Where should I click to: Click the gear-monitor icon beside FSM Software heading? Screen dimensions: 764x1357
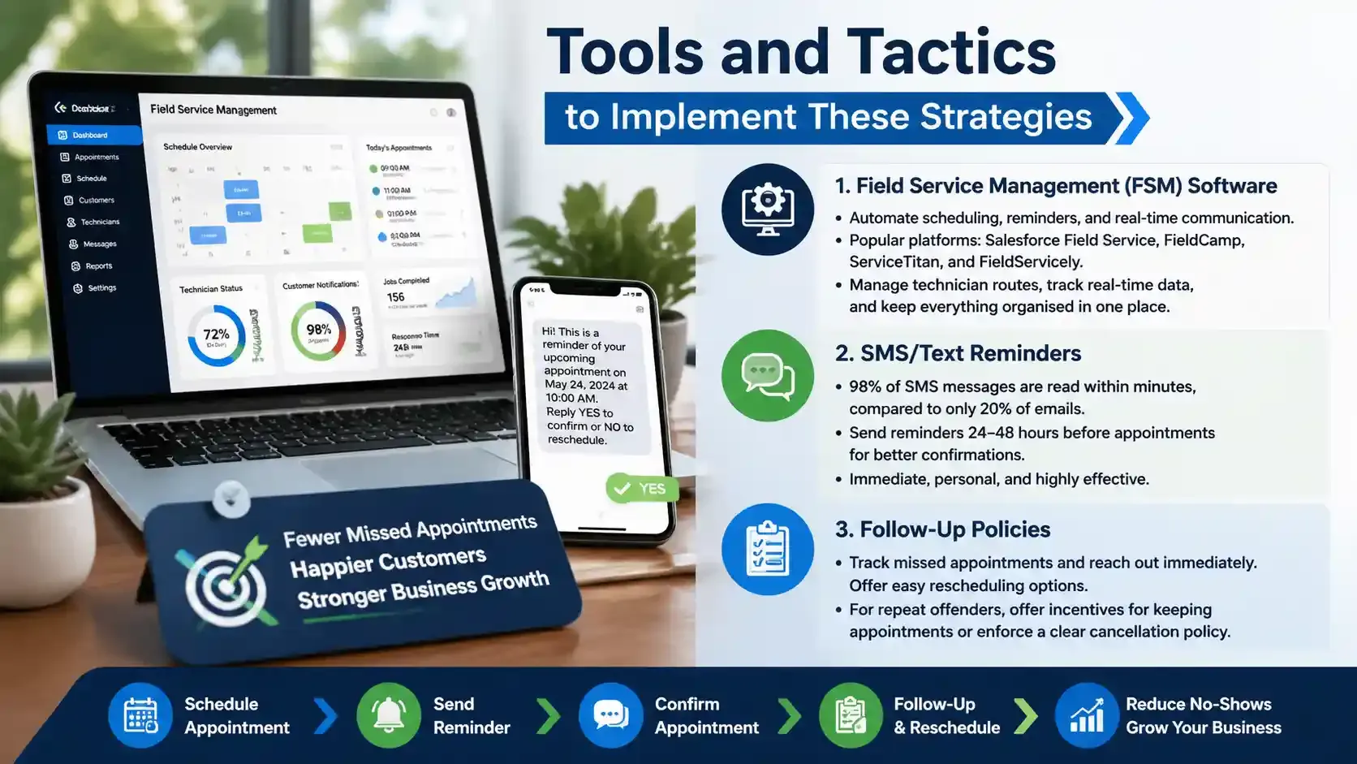(767, 209)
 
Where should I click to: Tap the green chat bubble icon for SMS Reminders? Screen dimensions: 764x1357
(767, 376)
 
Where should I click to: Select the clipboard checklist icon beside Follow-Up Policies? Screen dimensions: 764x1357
(767, 550)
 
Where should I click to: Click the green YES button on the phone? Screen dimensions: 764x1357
(641, 488)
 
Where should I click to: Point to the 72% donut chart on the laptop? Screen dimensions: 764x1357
(216, 335)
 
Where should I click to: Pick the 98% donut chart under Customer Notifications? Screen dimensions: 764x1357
(318, 330)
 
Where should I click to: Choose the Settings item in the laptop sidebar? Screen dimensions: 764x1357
(101, 288)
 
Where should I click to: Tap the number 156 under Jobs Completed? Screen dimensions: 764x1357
(395, 297)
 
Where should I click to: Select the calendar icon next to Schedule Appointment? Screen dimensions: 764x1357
(140, 715)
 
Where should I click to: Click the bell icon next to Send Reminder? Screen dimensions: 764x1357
(389, 715)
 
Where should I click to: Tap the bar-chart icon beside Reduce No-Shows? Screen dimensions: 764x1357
(1086, 715)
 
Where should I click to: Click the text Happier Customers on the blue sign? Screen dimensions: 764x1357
(388, 562)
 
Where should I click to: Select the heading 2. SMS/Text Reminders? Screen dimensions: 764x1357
(958, 353)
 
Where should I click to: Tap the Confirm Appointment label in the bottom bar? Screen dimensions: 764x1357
(706, 715)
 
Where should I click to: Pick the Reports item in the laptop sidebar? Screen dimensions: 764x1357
(98, 266)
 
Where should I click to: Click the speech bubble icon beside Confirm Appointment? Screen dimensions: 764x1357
(610, 715)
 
